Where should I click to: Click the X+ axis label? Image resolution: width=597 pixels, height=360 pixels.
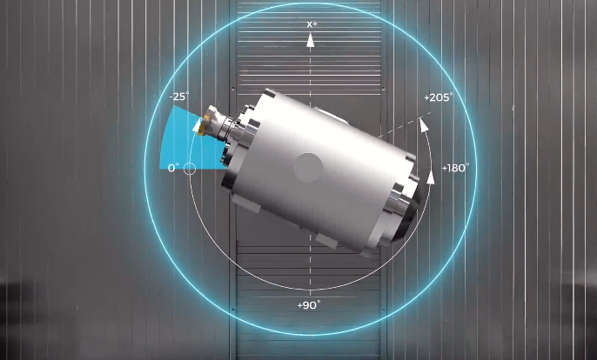(312, 24)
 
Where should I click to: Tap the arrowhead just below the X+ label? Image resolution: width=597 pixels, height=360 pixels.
(311, 40)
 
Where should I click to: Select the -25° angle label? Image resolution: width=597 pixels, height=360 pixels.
(178, 97)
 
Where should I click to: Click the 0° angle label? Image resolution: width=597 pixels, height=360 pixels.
(173, 168)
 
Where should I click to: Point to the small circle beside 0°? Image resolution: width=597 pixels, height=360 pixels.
(190, 169)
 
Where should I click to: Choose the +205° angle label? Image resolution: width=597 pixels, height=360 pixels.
(439, 97)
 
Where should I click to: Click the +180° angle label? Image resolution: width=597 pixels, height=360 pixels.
(455, 168)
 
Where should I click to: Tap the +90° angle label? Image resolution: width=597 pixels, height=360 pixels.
(308, 305)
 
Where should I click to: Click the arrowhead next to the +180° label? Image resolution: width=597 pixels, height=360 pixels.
(431, 177)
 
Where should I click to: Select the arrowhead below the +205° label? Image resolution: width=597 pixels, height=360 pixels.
(423, 125)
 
